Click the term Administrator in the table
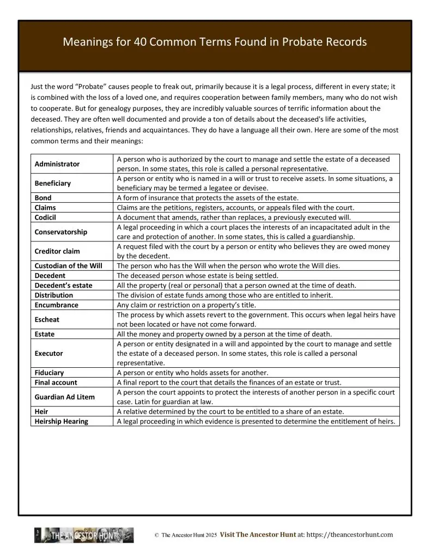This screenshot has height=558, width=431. tap(57, 164)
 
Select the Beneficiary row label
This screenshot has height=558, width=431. tap(53, 184)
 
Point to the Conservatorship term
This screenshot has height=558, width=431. tap(61, 232)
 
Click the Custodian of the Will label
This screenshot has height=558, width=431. tap(68, 266)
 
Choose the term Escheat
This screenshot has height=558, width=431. tap(47, 320)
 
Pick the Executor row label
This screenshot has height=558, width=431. tap(49, 354)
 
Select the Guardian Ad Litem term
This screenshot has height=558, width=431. tap(65, 397)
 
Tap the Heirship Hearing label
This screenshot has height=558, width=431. tap(62, 421)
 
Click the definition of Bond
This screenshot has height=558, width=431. tap(208, 198)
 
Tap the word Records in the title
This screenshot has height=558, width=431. tap(347, 42)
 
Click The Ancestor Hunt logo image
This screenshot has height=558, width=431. tap(84, 535)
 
